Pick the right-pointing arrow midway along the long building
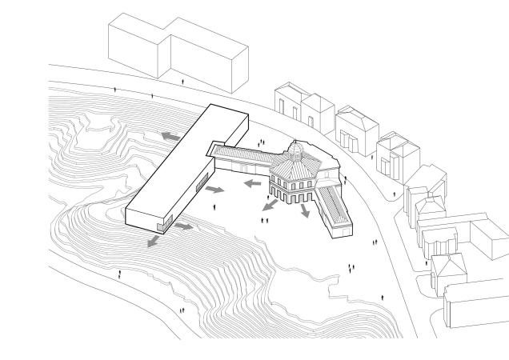pos(215,190)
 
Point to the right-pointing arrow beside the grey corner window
pos(183,227)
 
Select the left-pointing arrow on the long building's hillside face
pos(170,137)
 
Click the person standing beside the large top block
pos(185,81)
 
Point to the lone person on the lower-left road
pos(120,274)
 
